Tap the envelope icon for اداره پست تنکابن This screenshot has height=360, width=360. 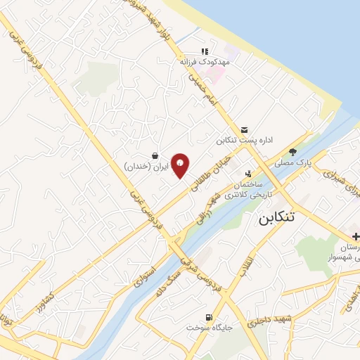(x=244, y=129)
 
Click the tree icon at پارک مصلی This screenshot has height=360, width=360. (x=293, y=150)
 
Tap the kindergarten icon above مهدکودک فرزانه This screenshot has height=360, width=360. (x=205, y=51)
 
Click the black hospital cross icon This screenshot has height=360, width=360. (x=356, y=234)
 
